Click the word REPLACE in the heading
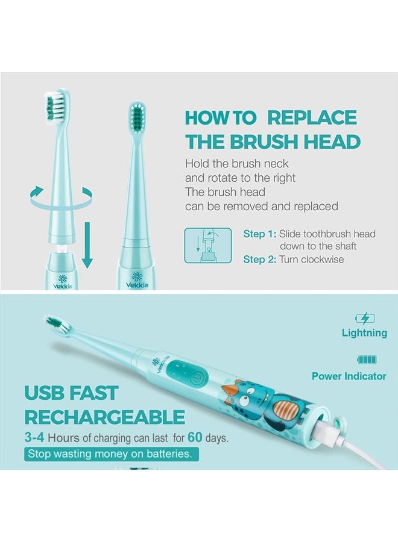coord(312,117)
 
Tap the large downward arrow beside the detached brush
coord(87,245)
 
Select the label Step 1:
coord(259,234)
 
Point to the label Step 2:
coord(259,259)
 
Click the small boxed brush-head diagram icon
coord(208,246)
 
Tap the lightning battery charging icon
coord(365,318)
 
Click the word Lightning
coord(364,332)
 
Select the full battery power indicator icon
coord(367,360)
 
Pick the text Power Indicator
coord(349,376)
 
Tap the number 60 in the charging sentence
coord(195,437)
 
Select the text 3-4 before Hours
coord(34,437)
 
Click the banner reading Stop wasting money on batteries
coord(112,454)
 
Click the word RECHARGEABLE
coord(104,417)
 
